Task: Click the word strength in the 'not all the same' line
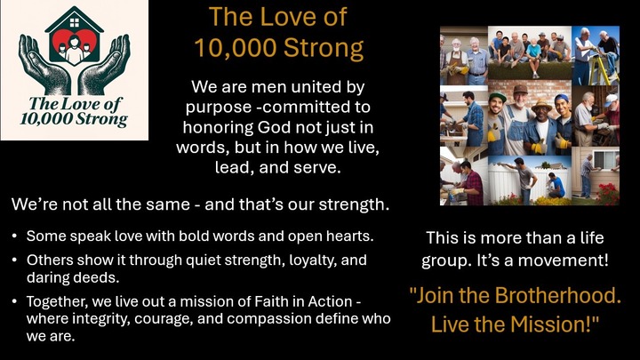click(352, 204)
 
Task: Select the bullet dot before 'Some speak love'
click(16, 237)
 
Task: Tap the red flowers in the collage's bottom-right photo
click(608, 189)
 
